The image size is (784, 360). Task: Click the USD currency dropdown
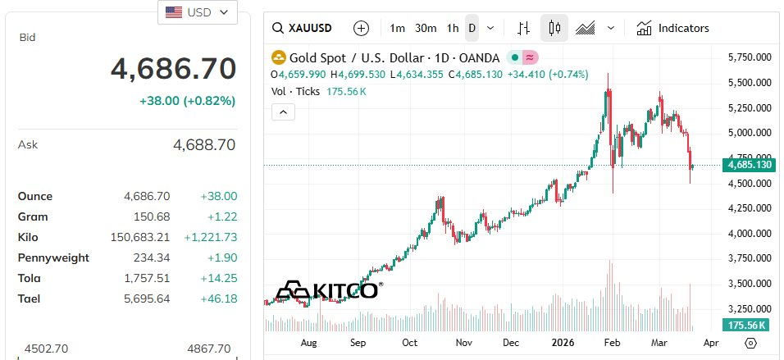(197, 12)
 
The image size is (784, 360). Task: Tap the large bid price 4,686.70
(173, 69)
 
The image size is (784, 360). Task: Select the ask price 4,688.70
(204, 145)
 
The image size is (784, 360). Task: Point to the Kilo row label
(29, 237)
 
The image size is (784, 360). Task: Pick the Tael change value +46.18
(219, 298)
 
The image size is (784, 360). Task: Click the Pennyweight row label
(53, 257)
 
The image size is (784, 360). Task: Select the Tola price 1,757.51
(148, 278)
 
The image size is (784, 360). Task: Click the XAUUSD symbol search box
(303, 28)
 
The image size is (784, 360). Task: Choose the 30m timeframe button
(426, 28)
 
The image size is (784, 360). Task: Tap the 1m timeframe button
(398, 28)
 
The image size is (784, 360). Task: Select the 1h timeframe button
(453, 28)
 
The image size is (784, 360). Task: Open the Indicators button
(672, 28)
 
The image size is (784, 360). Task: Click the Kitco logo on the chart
(327, 290)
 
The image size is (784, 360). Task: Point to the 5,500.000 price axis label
(750, 83)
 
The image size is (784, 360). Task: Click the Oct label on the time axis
(410, 343)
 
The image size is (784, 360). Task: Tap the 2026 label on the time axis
(563, 343)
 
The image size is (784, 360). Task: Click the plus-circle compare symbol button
(361, 28)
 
